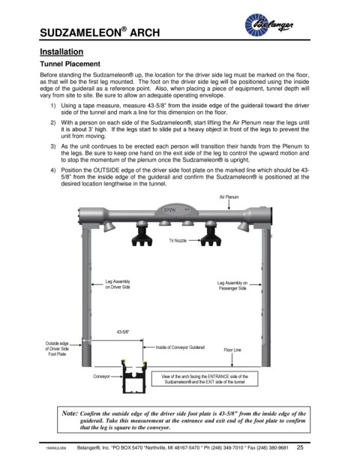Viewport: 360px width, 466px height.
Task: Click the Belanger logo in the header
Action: coord(268,25)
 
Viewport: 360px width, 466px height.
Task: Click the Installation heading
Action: coord(61,52)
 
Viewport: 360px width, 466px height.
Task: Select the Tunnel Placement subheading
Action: coord(70,64)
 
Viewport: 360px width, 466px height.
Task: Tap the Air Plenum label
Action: coord(229,197)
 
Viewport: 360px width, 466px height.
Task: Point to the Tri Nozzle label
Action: coord(178,240)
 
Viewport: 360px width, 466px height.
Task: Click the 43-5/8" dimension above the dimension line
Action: coord(123,332)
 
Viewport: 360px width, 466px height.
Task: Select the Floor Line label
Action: coord(232,350)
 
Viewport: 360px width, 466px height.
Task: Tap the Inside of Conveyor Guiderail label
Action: coord(180,347)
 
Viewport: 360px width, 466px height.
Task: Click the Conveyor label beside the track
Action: coord(101,376)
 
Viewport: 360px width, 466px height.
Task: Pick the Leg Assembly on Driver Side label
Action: coord(118,284)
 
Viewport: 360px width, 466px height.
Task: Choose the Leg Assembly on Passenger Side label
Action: coord(232,285)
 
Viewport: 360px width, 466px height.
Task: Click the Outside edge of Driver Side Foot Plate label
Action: coord(57,349)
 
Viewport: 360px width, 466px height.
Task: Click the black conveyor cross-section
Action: coord(134,377)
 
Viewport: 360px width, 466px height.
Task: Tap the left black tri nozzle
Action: coord(142,234)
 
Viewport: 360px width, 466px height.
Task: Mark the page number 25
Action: coord(300,447)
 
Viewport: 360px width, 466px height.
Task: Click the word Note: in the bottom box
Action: coord(70,413)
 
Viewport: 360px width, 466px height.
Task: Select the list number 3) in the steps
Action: coord(52,146)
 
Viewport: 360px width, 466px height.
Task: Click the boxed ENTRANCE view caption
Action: coord(205,379)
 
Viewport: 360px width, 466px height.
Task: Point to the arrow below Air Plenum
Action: coord(229,204)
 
